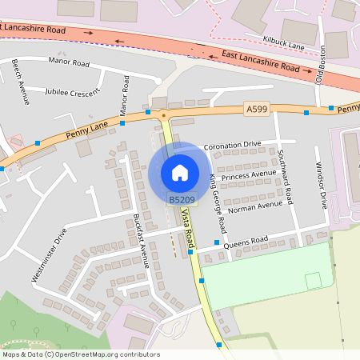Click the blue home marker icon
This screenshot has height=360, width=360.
(180, 172)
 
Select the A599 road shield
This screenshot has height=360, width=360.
(256, 108)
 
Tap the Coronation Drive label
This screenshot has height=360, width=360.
(232, 145)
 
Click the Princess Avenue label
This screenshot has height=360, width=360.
(248, 174)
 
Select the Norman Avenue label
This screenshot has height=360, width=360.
(255, 205)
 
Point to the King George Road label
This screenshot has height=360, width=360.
(214, 197)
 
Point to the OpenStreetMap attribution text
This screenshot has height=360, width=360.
(80, 354)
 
